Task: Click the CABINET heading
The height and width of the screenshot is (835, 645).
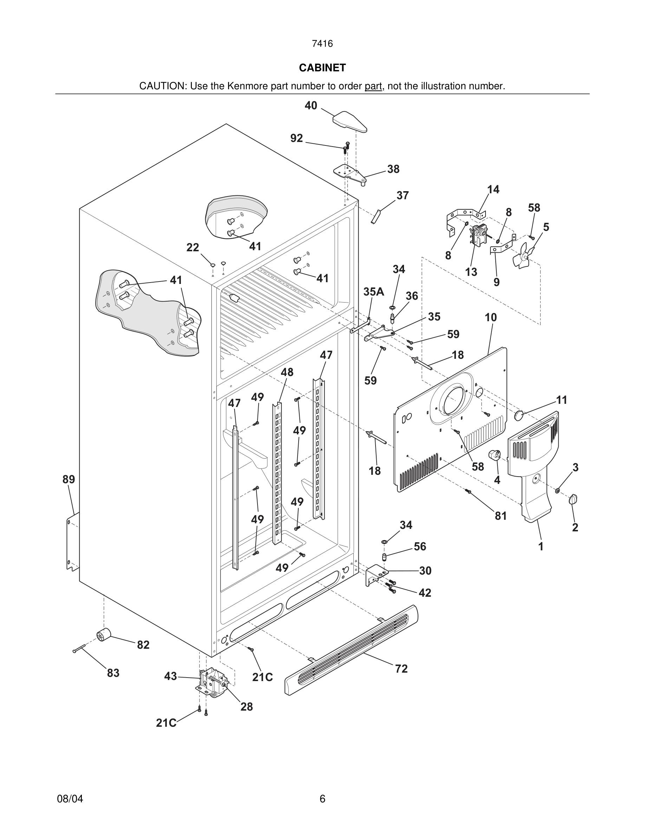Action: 322,68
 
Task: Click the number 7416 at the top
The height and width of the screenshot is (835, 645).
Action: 322,44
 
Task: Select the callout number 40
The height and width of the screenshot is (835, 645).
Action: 311,105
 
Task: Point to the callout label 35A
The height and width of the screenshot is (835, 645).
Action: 374,292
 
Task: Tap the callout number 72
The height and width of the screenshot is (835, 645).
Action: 401,669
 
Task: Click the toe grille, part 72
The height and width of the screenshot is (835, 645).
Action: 352,650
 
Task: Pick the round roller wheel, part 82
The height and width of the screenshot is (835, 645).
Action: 103,635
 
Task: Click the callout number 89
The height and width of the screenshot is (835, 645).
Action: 69,479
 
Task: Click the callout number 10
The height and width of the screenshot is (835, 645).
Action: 491,317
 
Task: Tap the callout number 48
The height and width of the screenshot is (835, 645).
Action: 287,372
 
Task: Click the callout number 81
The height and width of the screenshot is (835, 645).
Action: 501,516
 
